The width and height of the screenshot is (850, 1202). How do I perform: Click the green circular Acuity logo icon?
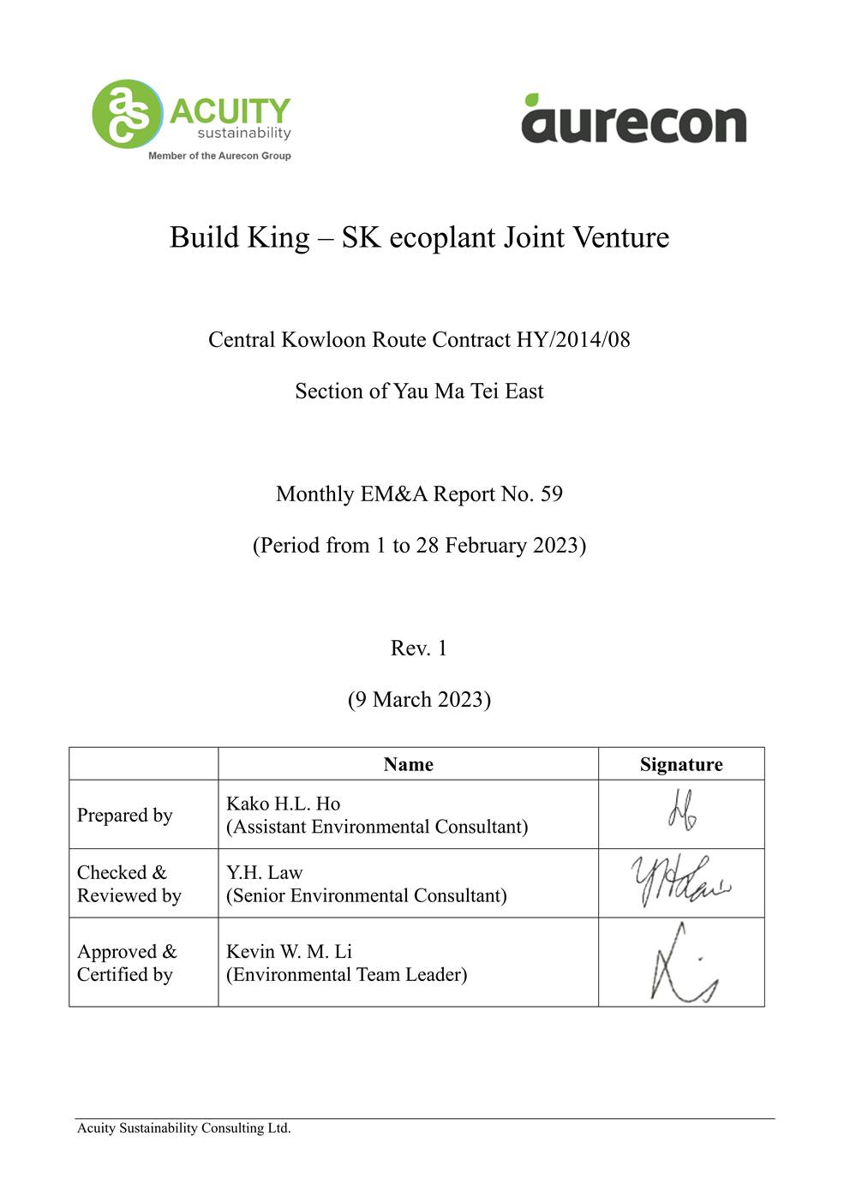pos(127,114)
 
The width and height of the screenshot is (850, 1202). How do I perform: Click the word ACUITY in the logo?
pos(230,111)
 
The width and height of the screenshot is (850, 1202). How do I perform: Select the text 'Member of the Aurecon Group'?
pos(219,156)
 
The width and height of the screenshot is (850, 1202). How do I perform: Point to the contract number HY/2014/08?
pos(573,340)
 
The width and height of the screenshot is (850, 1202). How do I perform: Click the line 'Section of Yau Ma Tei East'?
pos(419,392)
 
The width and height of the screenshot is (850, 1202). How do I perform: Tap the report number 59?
pos(551,494)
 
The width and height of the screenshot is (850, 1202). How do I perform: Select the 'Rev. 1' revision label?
pos(419,649)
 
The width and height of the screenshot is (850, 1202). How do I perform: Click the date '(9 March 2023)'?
pos(419,700)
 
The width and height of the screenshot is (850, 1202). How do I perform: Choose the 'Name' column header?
pos(408,764)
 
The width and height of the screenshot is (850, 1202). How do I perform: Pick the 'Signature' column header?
pos(681,764)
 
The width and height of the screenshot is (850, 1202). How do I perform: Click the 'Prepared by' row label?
pos(125,815)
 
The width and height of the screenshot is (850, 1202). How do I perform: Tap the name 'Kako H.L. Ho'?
pos(283,804)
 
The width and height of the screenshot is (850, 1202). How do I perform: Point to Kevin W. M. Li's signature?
pos(682,964)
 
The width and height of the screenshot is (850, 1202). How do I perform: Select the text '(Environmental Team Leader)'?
pos(346,975)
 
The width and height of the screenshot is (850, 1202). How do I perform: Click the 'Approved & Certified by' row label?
pos(127,963)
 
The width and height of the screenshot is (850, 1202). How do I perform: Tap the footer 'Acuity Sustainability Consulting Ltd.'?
pos(184,1128)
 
